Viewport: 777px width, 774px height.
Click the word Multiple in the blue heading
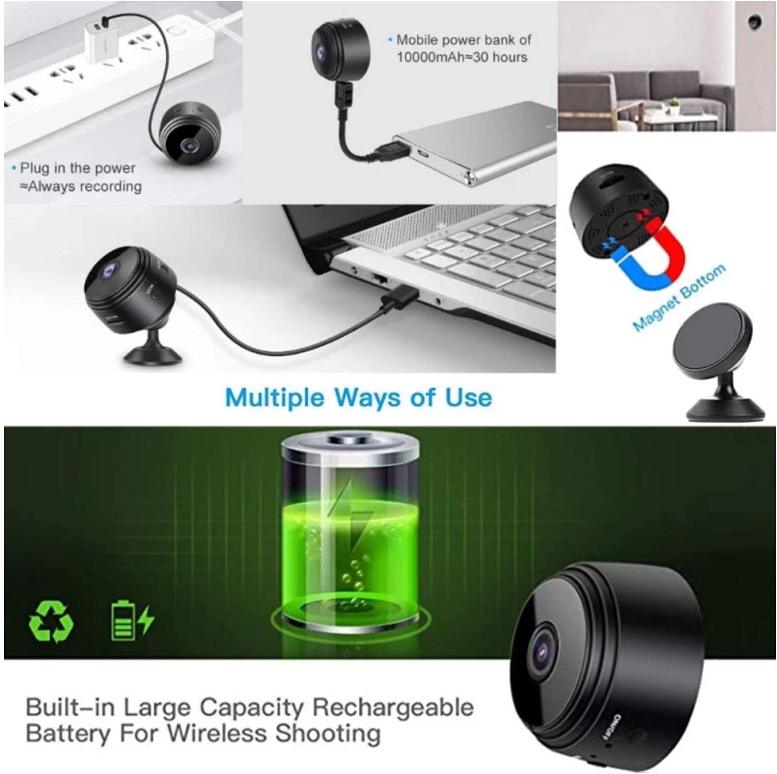click(x=274, y=398)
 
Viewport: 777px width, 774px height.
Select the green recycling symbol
click(x=51, y=621)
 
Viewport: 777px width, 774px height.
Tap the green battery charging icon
click(x=132, y=620)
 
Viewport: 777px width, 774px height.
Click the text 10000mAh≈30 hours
click(x=462, y=57)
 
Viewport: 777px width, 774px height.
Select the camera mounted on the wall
click(x=755, y=21)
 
